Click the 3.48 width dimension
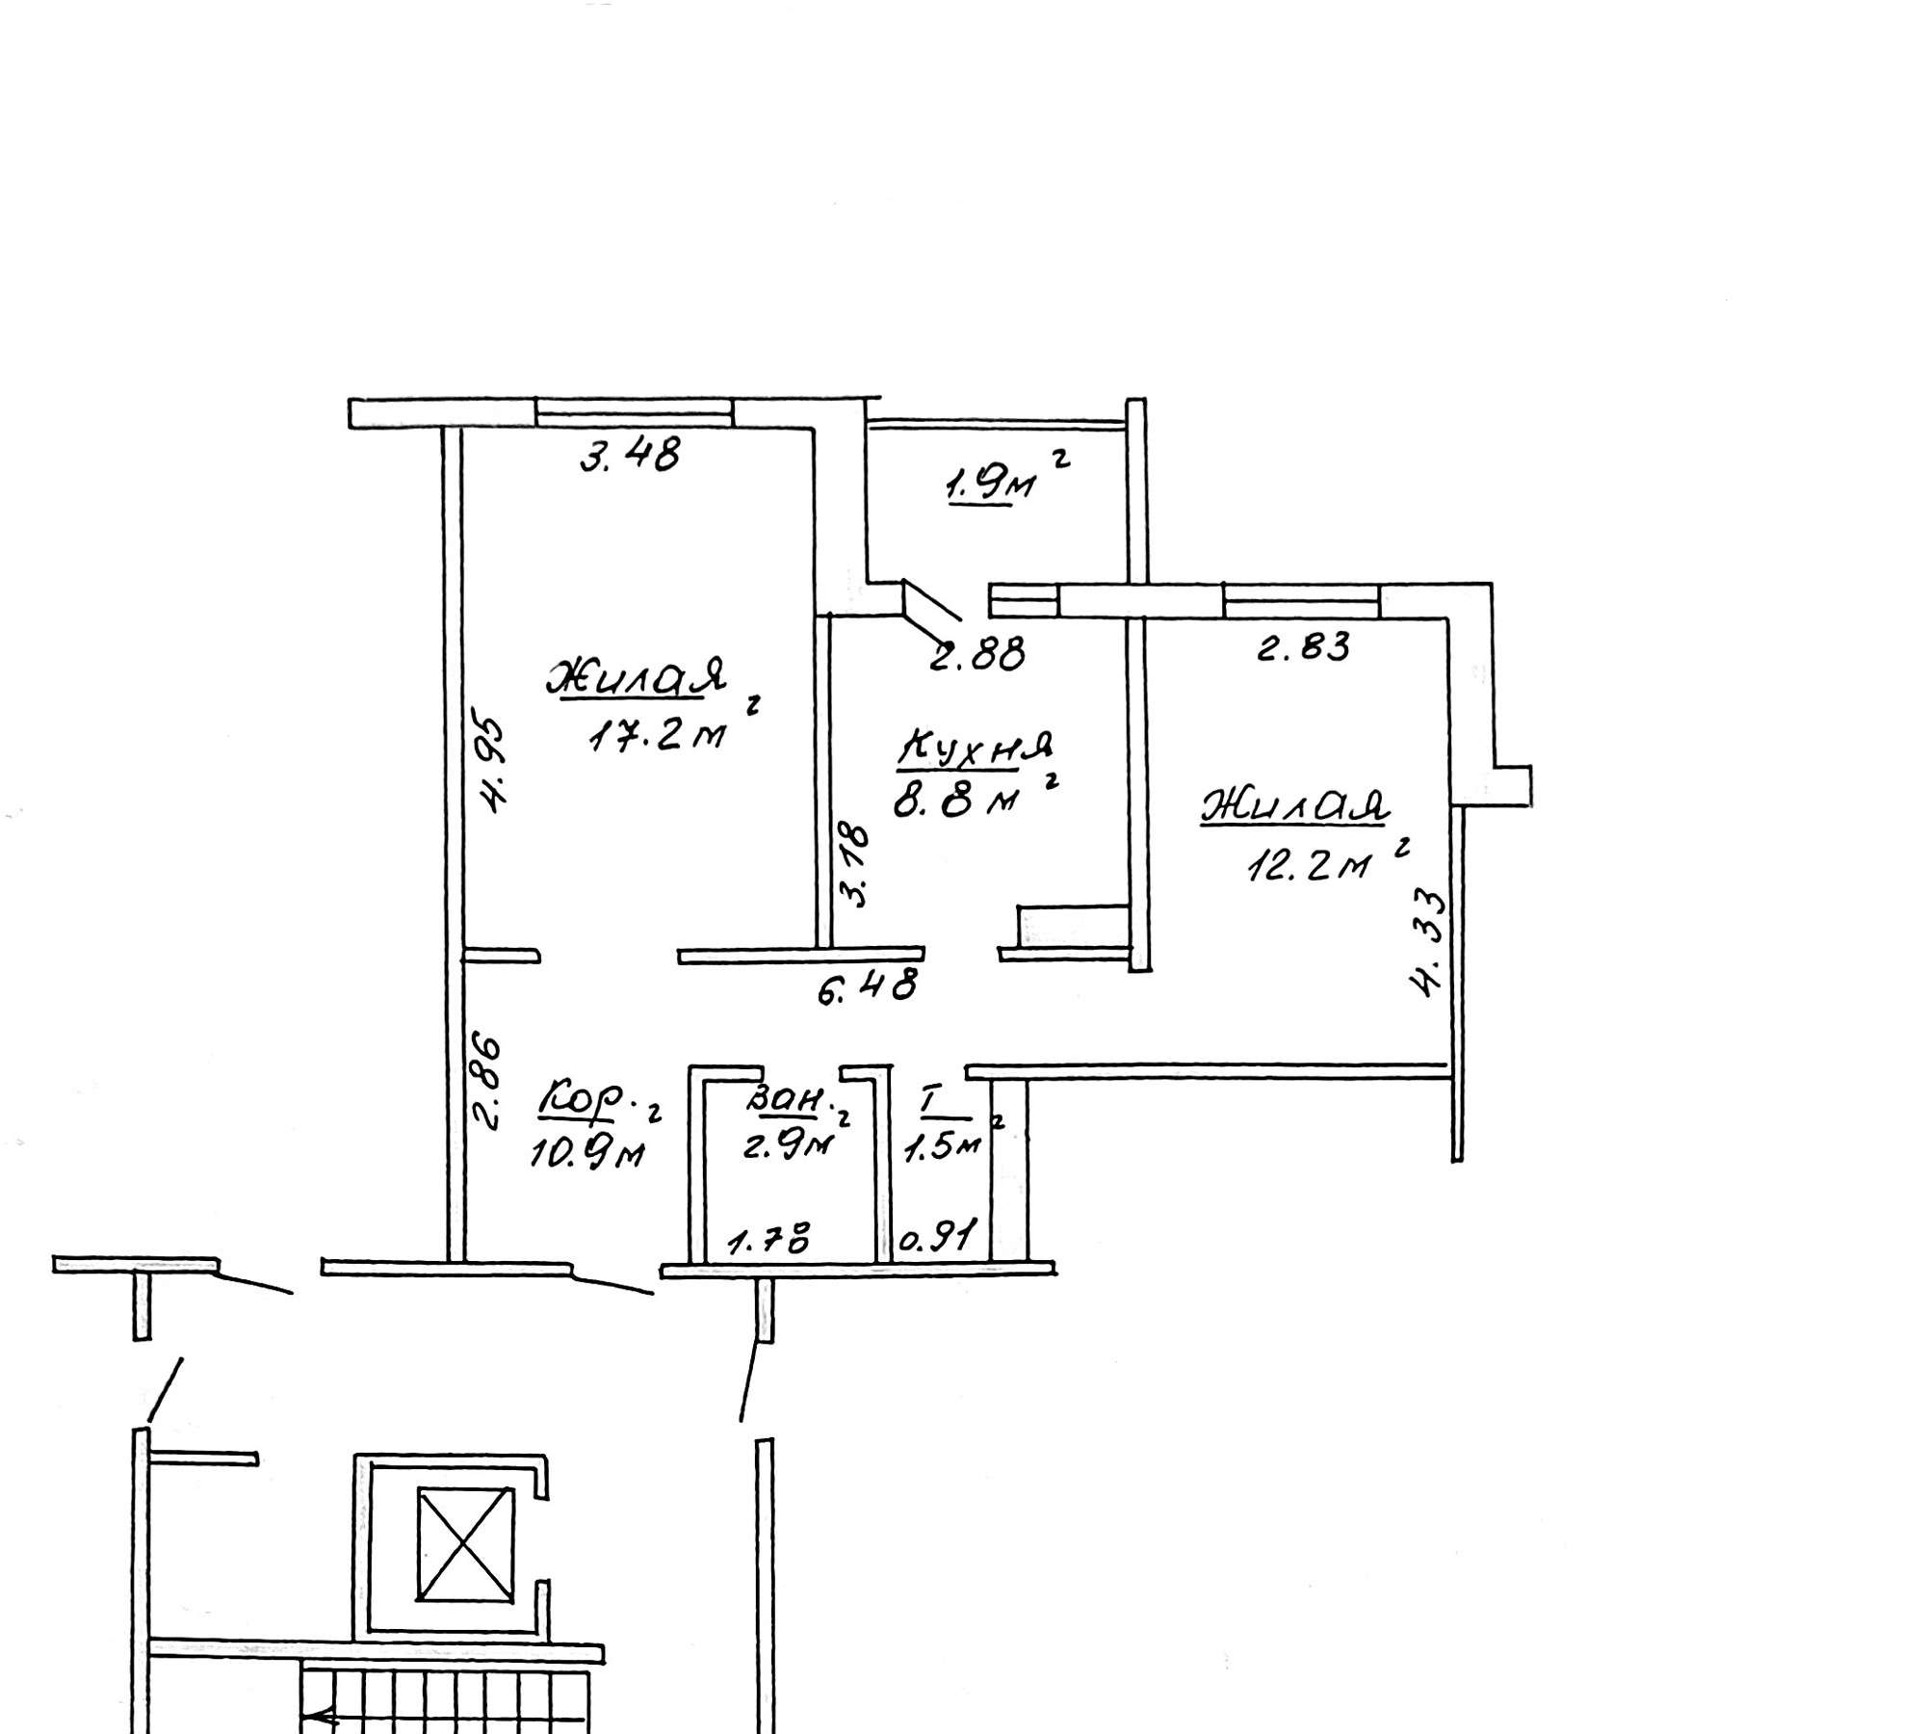630,454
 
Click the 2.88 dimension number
977,655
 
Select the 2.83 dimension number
1304,646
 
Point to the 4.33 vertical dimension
1428,944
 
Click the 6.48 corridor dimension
867,986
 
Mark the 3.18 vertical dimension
853,864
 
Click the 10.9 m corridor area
586,1153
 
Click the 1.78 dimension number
768,1237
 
